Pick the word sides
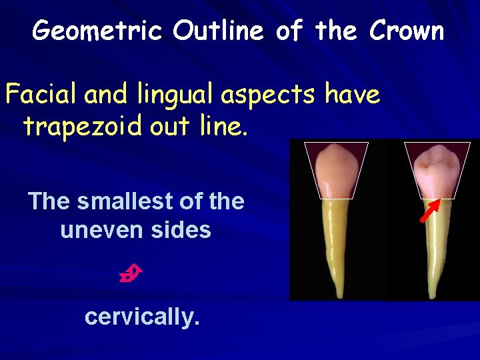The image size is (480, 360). coord(181,230)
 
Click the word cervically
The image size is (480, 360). coord(142,317)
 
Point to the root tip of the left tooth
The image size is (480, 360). coord(340,295)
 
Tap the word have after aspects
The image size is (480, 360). coord(353,95)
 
